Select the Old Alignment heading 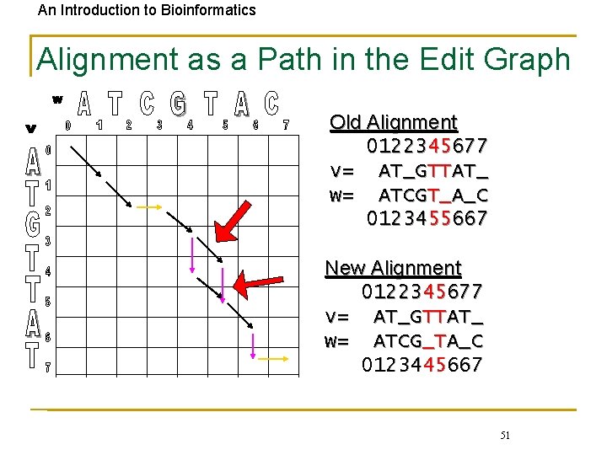393,122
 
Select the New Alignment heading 393,268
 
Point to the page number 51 504,435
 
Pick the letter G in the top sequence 178,104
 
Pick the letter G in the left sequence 31,224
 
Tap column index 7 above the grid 286,126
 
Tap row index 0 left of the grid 48,150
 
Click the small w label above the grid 57,99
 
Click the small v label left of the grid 30,129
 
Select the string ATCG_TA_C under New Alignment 428,341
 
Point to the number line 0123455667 427,219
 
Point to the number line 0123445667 422,365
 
